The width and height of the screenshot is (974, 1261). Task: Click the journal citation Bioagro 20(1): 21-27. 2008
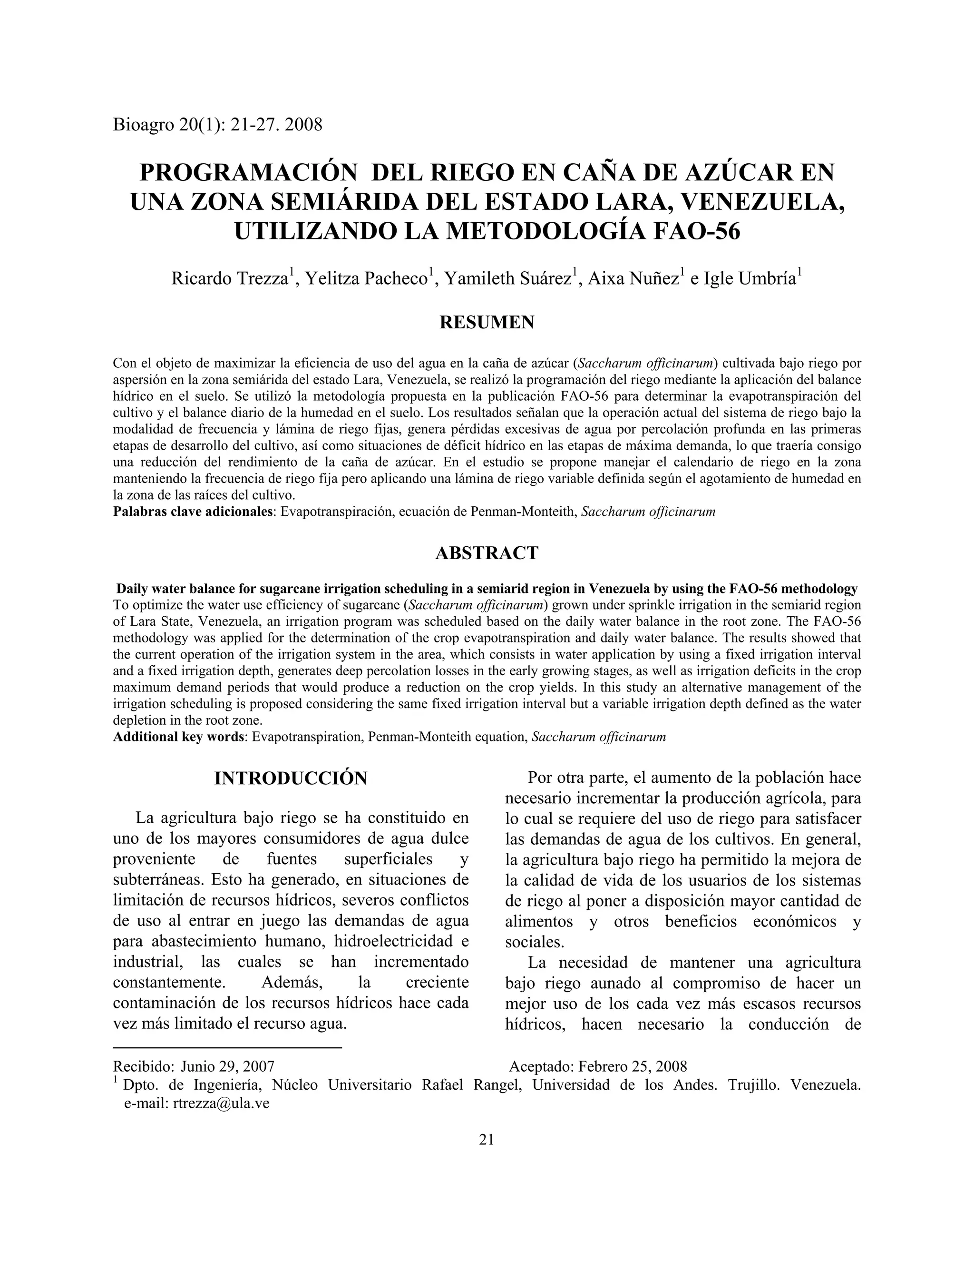[x=217, y=125]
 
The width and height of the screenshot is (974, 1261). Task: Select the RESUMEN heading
[x=487, y=322]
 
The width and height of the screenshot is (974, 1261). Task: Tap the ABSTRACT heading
[x=487, y=552]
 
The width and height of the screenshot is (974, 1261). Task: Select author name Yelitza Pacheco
[x=366, y=279]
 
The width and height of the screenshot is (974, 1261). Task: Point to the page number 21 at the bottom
[x=487, y=1139]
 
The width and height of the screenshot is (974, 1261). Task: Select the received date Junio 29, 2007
[x=227, y=1066]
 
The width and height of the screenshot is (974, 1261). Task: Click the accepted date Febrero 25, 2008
[x=633, y=1066]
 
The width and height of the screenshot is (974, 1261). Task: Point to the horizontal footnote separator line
[x=227, y=1047]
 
